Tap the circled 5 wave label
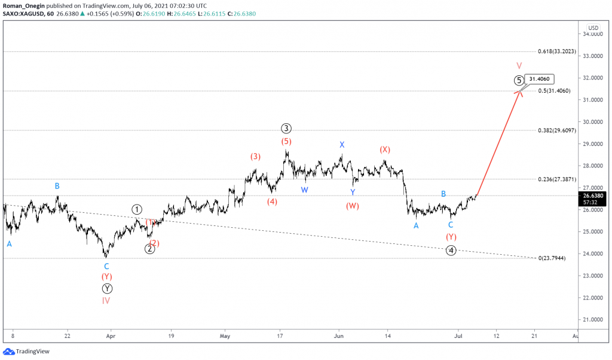[x=519, y=80]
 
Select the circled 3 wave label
[x=287, y=128]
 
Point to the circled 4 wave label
[x=452, y=251]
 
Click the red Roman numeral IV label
[x=106, y=301]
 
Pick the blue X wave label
[x=342, y=145]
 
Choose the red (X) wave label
[x=385, y=149]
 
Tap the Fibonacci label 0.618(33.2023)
[x=556, y=52]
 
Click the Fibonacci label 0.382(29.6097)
[x=556, y=130]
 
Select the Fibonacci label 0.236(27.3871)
[x=556, y=179]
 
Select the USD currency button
[x=593, y=28]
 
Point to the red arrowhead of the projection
[x=520, y=91]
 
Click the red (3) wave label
[x=255, y=157]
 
